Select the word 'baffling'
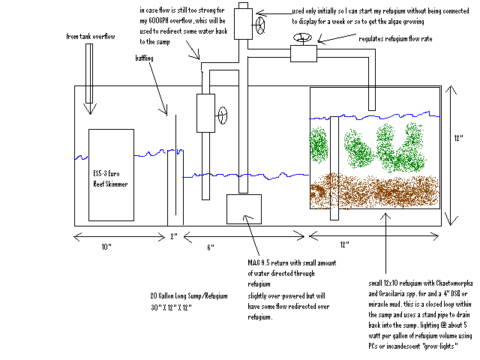(x=147, y=58)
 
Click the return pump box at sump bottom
(x=243, y=208)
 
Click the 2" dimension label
(x=174, y=237)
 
